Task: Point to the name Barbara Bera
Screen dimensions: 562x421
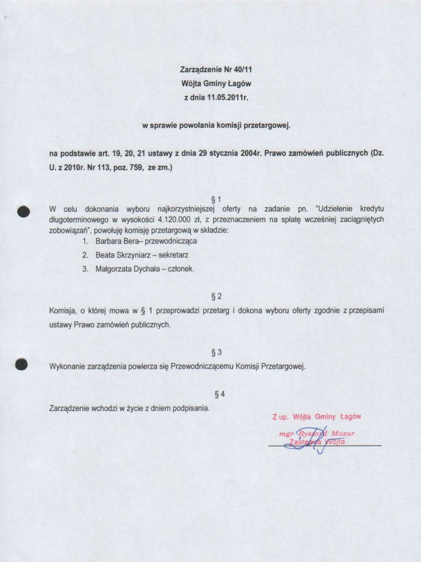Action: tap(114, 241)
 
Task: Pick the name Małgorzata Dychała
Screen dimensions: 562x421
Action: tap(126, 269)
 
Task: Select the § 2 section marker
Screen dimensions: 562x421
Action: tap(216, 297)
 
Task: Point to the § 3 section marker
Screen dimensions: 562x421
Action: tap(216, 352)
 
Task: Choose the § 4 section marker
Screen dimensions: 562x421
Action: tap(216, 394)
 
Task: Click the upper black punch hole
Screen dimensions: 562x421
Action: tap(24, 213)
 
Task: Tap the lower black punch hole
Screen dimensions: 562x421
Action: tap(22, 364)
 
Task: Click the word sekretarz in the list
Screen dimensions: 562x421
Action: tap(173, 255)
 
